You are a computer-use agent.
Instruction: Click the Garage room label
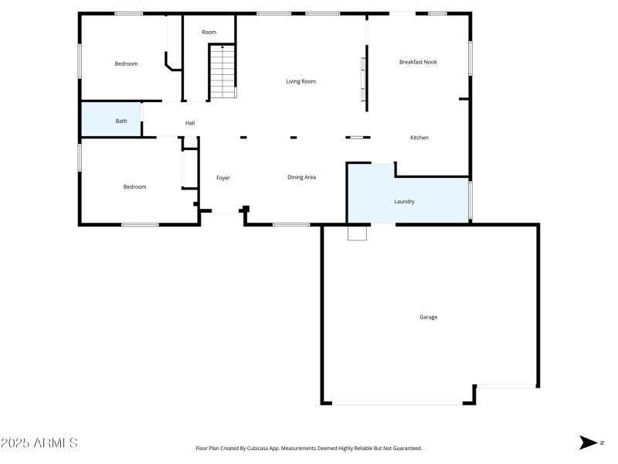tap(428, 317)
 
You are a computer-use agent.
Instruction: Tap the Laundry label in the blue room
tap(404, 202)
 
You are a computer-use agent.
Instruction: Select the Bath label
tap(121, 121)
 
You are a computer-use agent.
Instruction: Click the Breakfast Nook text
tap(418, 62)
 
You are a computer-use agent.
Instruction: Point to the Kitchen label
tap(419, 138)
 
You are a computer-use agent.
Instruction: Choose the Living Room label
tap(301, 81)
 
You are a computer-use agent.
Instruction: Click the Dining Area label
tap(301, 178)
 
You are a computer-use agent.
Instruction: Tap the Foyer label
tap(222, 178)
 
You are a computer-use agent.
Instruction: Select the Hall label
tap(189, 123)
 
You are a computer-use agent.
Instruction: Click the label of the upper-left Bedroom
tap(126, 64)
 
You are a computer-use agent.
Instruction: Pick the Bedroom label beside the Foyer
tap(134, 187)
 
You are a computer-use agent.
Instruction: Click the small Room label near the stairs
tap(209, 32)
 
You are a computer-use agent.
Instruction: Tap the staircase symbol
tap(222, 72)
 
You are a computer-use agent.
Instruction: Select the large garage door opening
tap(398, 403)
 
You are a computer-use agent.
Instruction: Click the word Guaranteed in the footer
tap(406, 449)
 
